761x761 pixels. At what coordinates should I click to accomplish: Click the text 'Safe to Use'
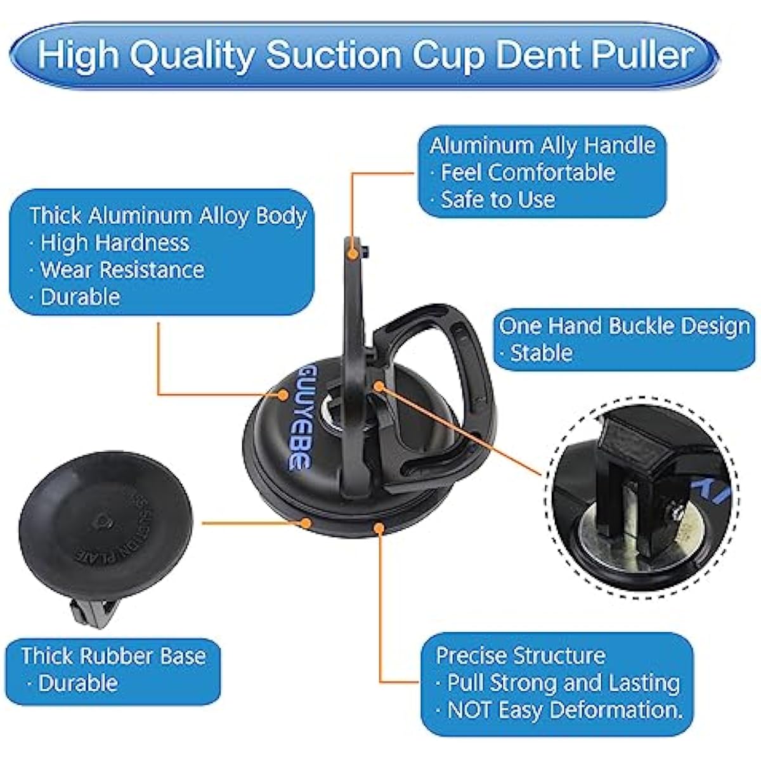498,199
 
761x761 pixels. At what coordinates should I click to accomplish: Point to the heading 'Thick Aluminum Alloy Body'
169,216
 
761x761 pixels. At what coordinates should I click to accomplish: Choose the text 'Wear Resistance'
122,270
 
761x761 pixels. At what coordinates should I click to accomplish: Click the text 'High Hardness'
115,242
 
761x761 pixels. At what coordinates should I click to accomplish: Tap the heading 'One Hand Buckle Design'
625,326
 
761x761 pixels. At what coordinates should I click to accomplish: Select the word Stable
541,353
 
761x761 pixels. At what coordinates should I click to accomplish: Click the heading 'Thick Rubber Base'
114,656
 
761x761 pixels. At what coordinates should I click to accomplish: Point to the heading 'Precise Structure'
521,656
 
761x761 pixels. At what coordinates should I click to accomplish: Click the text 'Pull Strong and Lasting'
564,683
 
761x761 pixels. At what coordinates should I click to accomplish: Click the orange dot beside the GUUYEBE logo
283,394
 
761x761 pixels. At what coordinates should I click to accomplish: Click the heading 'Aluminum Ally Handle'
542,145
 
